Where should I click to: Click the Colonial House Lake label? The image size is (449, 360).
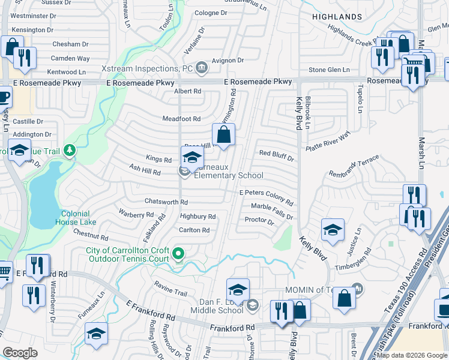75,218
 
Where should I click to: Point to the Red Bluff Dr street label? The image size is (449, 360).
276,154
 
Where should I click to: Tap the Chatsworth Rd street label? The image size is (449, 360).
166,202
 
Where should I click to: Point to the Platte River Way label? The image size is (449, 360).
327,143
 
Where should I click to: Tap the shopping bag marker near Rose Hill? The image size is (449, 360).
223,136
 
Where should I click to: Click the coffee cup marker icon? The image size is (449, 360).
4,95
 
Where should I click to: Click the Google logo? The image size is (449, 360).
20,353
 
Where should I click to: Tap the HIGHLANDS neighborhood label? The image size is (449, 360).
337,16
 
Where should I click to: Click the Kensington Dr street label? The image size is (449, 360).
32,29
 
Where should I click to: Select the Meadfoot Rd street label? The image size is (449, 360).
181,119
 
